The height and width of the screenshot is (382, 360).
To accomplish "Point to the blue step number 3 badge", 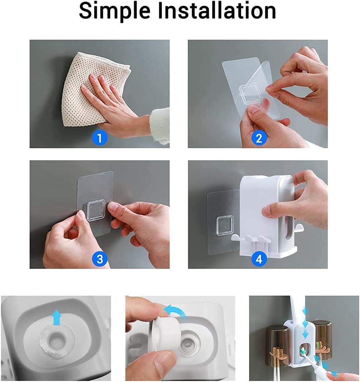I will click(x=100, y=259).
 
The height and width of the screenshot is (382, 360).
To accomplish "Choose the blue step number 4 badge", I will click(x=259, y=259).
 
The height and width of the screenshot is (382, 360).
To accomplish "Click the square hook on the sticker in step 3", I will click(x=95, y=210).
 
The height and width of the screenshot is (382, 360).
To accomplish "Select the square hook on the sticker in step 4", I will click(x=225, y=225).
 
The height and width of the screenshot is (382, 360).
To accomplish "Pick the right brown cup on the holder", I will click(x=322, y=339).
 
